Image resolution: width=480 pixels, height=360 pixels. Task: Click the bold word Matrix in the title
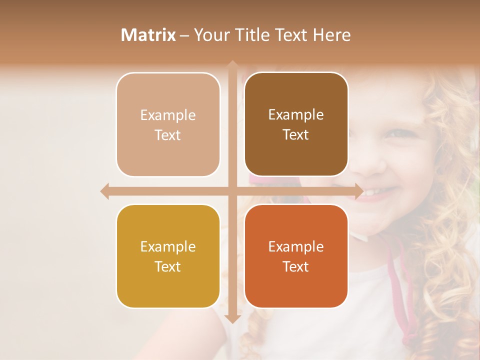(x=148, y=35)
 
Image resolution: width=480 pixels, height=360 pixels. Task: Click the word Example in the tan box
(x=168, y=115)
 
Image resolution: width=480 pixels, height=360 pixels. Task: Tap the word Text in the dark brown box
(x=296, y=135)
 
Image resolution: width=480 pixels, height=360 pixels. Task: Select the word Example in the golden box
(x=168, y=246)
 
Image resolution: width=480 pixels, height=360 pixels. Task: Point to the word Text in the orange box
(x=296, y=266)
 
